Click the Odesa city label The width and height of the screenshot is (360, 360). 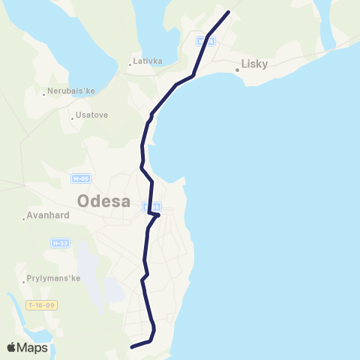tap(103, 202)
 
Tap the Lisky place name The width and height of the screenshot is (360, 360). tap(255, 64)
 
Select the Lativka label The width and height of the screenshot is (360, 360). tap(148, 61)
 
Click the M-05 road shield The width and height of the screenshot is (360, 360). tap(80, 178)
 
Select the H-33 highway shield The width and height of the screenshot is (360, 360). tap(60, 243)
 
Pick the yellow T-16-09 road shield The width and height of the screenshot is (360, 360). tap(40, 305)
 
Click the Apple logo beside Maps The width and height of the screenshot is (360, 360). tap(12, 347)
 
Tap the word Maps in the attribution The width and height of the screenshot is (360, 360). tap(33, 347)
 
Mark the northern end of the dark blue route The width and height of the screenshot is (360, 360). tap(228, 11)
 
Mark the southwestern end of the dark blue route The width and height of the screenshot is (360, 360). tap(131, 346)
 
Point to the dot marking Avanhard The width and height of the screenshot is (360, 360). tap(25, 219)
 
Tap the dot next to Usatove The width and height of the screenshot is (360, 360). tap(72, 117)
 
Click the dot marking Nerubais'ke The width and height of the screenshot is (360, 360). tap(45, 94)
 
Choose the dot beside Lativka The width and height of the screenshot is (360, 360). tap(130, 64)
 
